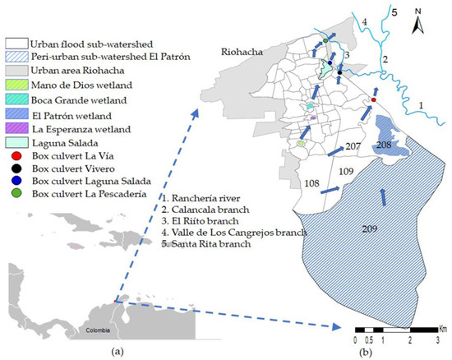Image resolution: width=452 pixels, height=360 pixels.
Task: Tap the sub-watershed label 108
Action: pos(313,183)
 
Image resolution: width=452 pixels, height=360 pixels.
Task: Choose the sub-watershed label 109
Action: pos(346,171)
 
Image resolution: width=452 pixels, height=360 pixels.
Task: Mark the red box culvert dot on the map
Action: pos(374,100)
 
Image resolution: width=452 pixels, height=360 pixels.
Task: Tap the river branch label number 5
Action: pos(394,12)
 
